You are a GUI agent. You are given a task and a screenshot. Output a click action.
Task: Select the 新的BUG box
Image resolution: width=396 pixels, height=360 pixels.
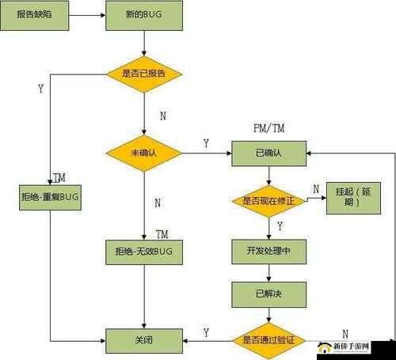tap(144, 16)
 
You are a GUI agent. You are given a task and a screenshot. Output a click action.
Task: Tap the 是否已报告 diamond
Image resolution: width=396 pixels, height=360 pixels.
tap(144, 74)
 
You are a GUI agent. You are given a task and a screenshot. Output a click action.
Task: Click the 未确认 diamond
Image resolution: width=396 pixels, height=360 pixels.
tap(144, 153)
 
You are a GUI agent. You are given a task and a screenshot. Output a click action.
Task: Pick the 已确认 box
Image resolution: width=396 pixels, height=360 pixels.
tap(268, 153)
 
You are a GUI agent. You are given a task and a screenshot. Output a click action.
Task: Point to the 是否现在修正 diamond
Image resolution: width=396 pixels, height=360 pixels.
tap(268, 201)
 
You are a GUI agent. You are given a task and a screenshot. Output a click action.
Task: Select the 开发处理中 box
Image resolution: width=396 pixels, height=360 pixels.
tap(268, 251)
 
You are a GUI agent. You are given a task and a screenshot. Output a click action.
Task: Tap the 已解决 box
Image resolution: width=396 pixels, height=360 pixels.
tap(268, 294)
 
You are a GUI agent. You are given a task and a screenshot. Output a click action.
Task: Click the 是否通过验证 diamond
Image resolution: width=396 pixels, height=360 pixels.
tap(268, 341)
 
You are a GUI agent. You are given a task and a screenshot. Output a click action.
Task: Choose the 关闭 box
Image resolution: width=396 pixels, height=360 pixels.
tap(144, 341)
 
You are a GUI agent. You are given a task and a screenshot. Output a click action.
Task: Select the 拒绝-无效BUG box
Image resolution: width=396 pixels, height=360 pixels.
tap(144, 251)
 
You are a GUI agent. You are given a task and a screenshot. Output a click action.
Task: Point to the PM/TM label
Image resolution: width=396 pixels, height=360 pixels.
tap(269, 127)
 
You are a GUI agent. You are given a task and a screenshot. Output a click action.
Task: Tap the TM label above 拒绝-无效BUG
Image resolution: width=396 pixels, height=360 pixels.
tap(162, 234)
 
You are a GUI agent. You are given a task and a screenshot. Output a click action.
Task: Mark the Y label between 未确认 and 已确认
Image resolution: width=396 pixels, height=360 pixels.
tap(206, 143)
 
